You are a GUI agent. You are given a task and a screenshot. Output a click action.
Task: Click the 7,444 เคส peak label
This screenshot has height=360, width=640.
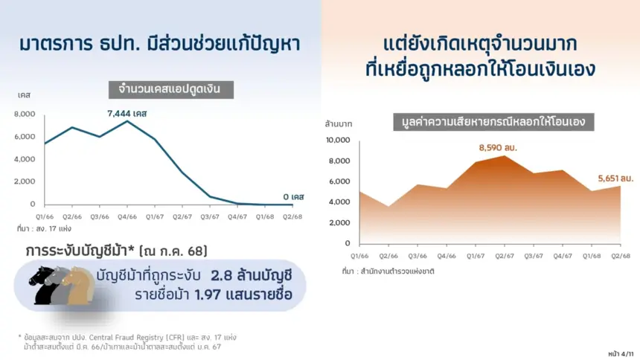[127, 114]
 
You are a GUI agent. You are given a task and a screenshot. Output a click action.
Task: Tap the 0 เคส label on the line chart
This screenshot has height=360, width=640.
[293, 196]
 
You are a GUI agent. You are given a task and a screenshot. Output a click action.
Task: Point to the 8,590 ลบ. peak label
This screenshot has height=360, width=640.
[498, 148]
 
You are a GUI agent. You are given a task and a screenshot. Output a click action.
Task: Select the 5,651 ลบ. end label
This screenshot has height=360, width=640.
[615, 179]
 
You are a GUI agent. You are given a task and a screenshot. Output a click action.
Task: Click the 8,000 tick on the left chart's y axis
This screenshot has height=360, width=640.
[25, 114]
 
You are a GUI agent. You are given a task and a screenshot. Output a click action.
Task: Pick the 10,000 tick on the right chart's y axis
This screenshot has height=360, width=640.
[338, 140]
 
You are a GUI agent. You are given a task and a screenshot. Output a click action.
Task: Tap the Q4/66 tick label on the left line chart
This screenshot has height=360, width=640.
[127, 216]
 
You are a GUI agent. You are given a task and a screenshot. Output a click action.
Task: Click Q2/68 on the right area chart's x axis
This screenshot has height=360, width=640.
[621, 256]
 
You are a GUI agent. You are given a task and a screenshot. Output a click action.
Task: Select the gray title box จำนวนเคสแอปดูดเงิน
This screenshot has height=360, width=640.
[171, 90]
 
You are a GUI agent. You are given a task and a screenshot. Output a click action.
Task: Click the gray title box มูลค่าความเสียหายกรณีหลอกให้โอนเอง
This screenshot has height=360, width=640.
[493, 122]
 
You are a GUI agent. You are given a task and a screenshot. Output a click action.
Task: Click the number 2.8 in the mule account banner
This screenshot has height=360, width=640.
[222, 276]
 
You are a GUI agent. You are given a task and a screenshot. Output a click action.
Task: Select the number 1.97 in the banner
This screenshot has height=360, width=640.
[208, 295]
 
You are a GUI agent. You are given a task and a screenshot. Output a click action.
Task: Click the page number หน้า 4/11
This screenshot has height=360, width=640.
[621, 354]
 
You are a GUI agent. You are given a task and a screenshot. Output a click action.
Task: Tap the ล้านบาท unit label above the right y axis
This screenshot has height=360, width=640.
[339, 124]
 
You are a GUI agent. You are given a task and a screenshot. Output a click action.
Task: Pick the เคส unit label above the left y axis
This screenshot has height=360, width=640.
[24, 95]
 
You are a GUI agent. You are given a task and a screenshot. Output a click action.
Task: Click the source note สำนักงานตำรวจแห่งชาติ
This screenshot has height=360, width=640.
[397, 271]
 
